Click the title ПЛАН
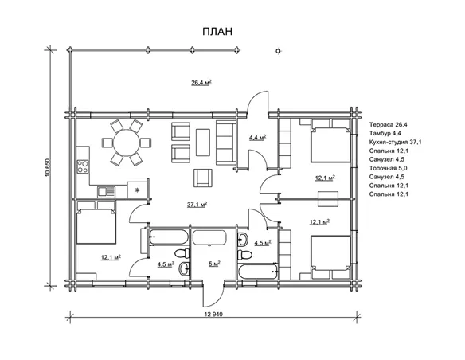tap(217, 31)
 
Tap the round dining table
tap(127, 143)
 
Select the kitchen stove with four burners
tap(83, 166)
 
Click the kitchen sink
tap(106, 192)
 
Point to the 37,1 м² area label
tap(197, 205)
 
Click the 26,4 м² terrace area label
tap(201, 83)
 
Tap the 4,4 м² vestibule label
tap(257, 138)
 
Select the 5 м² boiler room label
tap(214, 264)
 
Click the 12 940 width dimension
tap(213, 314)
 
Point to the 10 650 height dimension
tap(49, 168)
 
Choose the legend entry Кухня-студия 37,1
tap(395, 142)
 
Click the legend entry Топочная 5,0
tap(388, 168)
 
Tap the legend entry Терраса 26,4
tap(389, 124)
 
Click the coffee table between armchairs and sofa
tap(203, 142)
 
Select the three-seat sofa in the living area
tap(226, 143)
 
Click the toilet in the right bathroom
tap(244, 255)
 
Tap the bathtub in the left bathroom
tap(169, 237)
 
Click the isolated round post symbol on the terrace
tap(278, 51)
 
